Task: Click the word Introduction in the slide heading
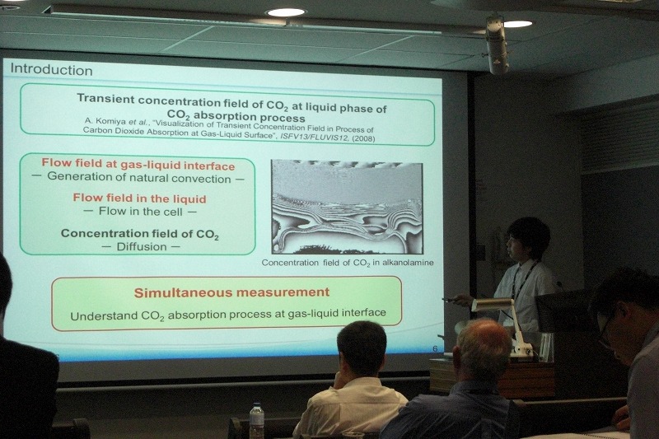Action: coord(51,69)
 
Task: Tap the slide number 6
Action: coord(435,348)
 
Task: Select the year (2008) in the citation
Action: coord(363,138)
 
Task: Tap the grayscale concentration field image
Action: coord(347,207)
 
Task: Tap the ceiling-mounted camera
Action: coord(497,44)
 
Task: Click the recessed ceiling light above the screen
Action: coord(286,12)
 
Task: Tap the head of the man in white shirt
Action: coord(362,348)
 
